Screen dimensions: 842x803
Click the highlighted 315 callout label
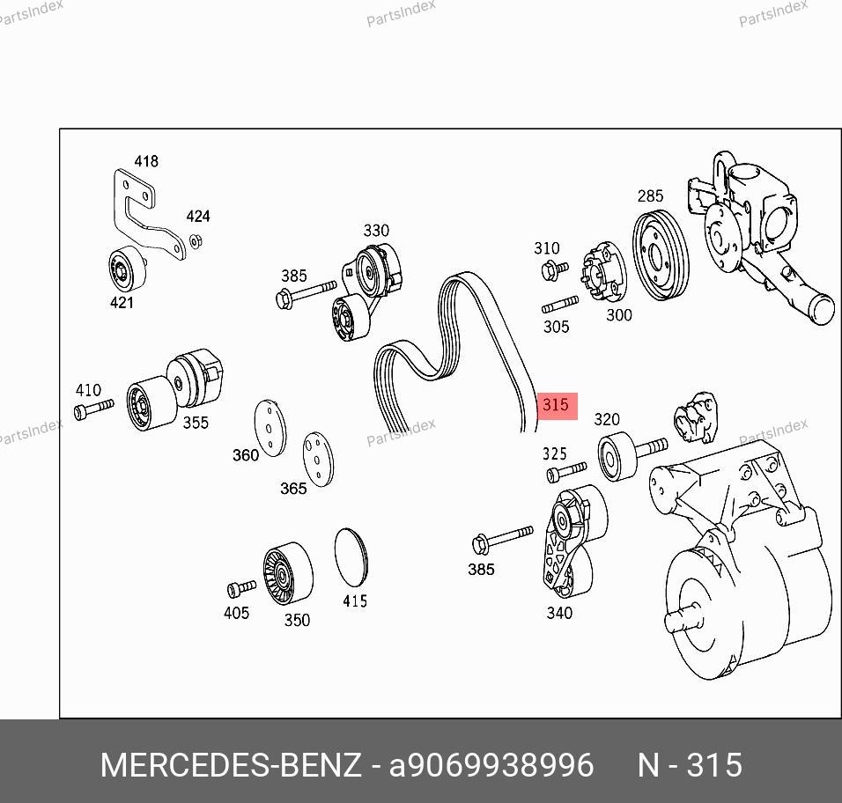[x=557, y=406]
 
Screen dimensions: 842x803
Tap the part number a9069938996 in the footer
[x=491, y=765]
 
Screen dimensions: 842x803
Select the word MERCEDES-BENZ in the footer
[x=231, y=765]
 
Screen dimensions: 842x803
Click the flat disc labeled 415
[x=351, y=557]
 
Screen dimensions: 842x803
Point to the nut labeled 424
[x=196, y=241]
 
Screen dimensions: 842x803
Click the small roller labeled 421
[x=127, y=271]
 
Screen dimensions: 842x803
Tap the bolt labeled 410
[x=93, y=409]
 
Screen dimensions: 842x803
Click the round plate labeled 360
[x=270, y=428]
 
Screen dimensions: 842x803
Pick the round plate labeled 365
[x=318, y=459]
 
